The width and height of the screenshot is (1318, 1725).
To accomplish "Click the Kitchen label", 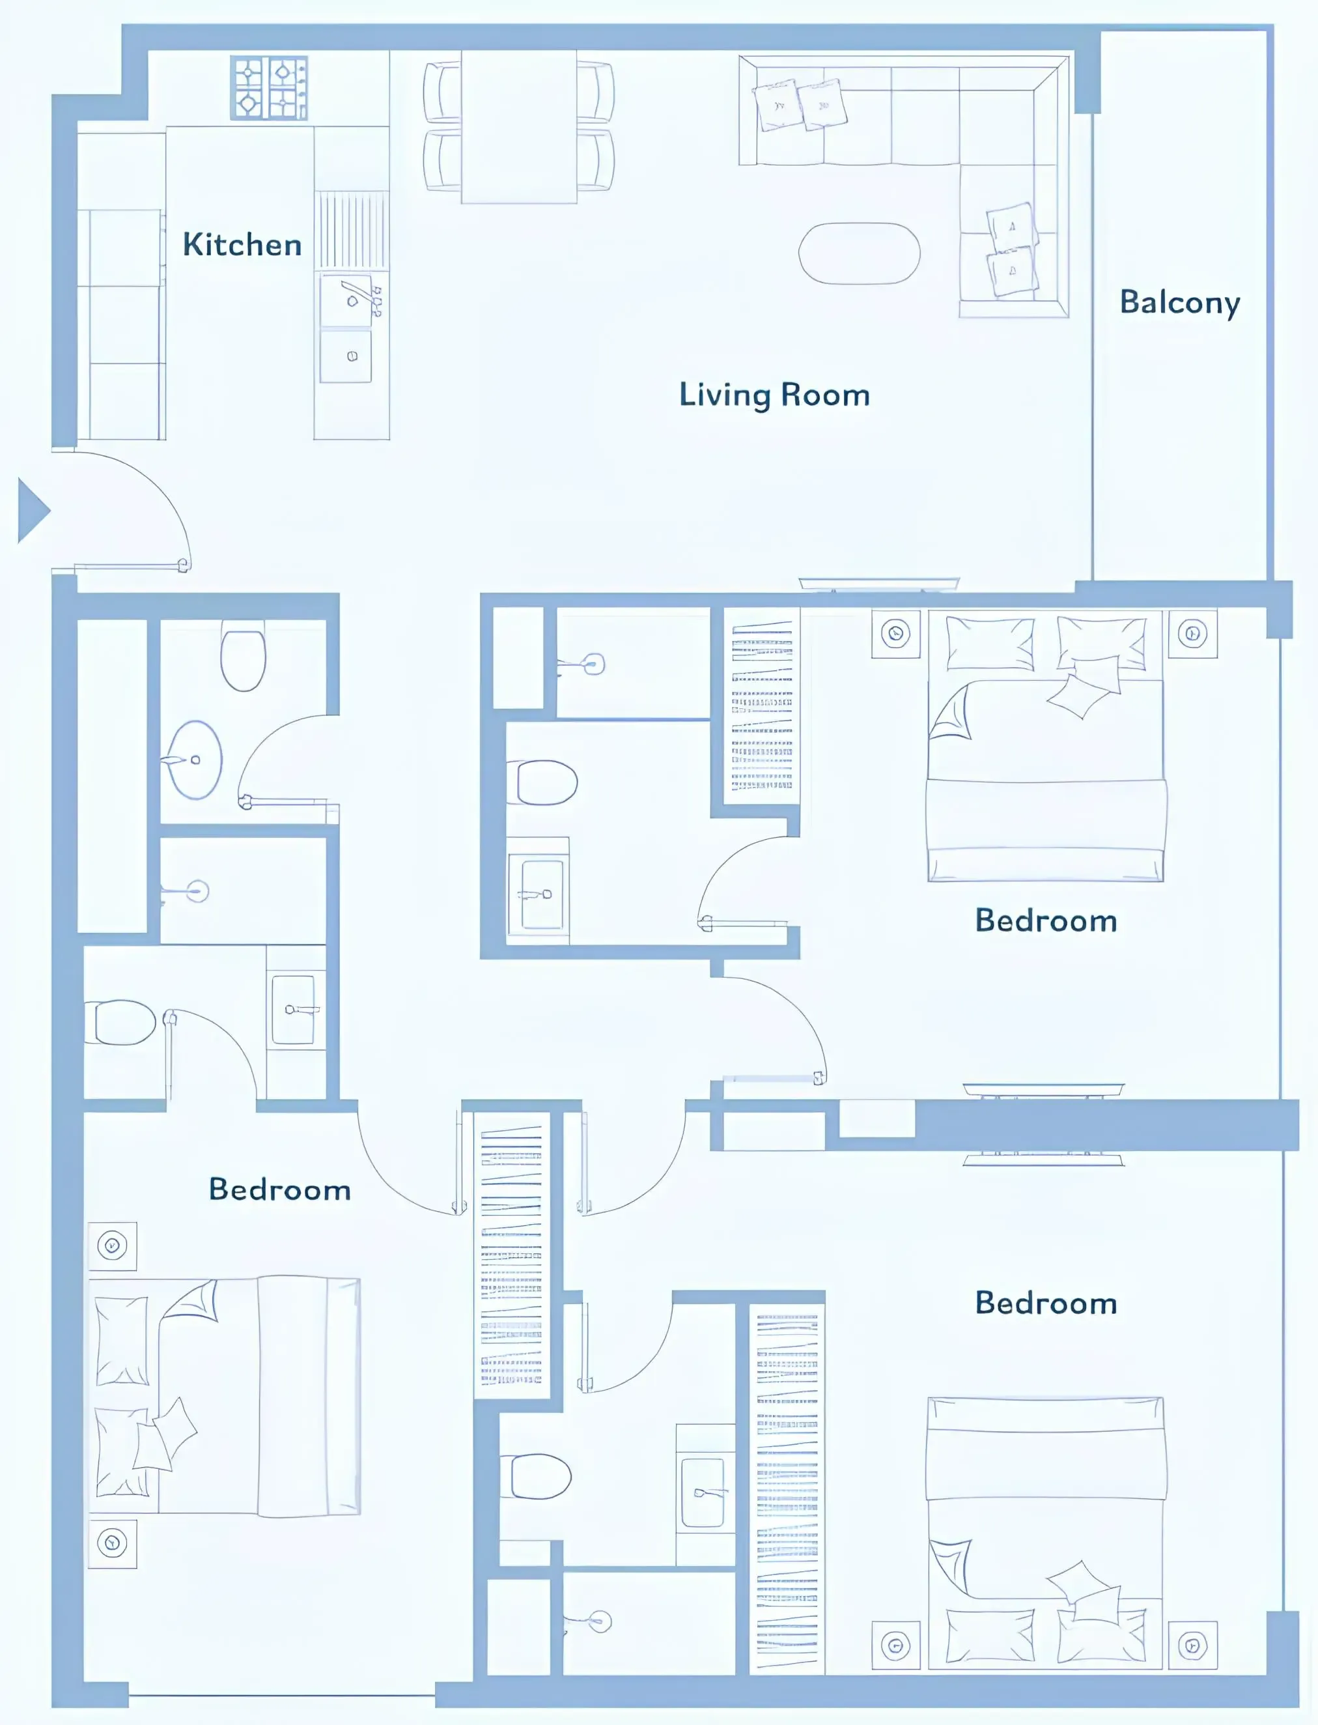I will point(242,245).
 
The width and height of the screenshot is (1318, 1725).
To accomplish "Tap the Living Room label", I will point(774,395).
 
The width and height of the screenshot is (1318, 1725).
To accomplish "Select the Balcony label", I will point(1179,303).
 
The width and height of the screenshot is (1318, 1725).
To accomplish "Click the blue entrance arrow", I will point(32,511).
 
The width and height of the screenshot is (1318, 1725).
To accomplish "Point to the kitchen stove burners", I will point(268,87).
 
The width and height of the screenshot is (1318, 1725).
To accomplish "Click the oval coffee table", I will point(859,253).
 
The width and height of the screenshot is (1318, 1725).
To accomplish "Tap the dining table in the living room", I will point(518,126).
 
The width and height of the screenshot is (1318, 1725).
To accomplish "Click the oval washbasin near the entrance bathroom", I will point(195,759).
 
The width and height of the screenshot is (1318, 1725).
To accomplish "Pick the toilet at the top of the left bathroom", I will point(243,657).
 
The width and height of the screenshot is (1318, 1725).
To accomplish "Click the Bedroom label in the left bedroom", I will point(279,1189).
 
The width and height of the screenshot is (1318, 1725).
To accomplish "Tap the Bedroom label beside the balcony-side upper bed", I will point(1046,920).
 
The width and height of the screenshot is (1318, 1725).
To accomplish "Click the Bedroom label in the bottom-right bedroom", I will point(1046,1303).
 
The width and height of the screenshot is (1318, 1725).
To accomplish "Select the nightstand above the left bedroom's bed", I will point(112,1246).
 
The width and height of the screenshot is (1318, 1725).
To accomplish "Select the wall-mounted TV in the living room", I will point(878,583).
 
